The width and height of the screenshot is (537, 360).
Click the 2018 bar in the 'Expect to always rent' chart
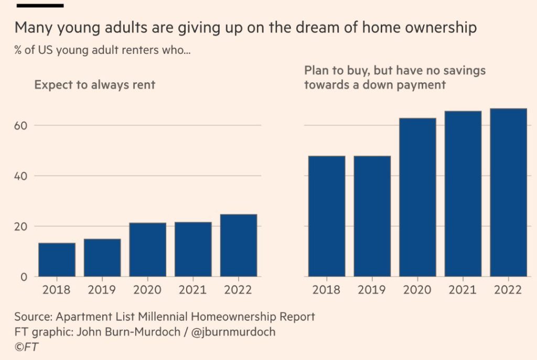(57, 260)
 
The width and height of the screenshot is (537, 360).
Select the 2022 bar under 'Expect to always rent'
(239, 245)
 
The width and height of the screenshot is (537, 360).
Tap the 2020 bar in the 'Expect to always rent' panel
(147, 250)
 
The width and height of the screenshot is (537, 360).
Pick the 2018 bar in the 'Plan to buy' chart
(327, 216)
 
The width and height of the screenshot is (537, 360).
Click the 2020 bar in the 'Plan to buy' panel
(417, 197)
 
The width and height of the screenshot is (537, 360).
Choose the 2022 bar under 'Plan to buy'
(508, 192)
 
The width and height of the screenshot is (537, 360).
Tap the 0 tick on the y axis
(24, 277)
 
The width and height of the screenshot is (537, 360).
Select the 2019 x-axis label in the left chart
(102, 290)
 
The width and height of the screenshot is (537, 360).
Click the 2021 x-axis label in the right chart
(463, 290)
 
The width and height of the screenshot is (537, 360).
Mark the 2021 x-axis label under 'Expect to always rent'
(193, 290)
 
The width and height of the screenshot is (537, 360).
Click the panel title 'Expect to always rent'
(95, 84)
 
